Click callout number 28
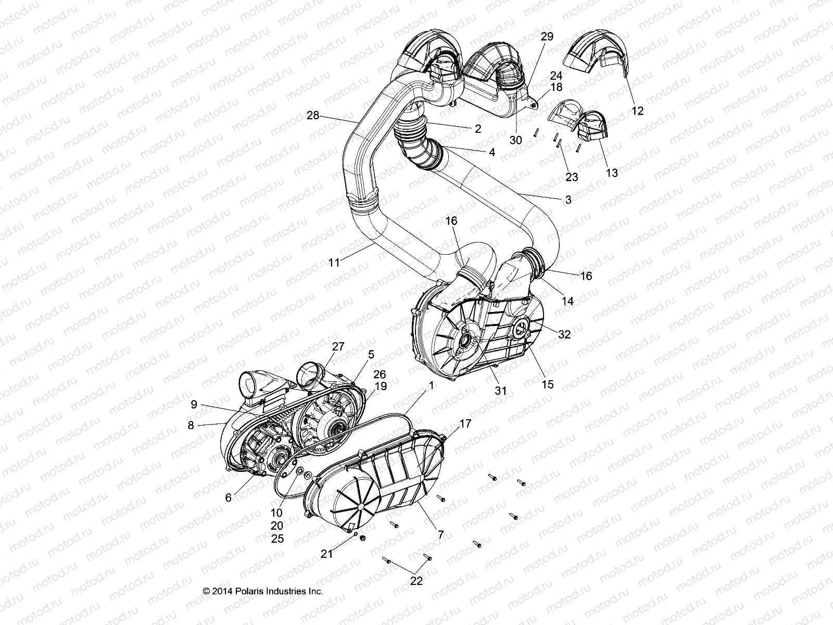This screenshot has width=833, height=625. point(313,116)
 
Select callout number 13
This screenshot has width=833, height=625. point(612,172)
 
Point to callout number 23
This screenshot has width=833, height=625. point(572,177)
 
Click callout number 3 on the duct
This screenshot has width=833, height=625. point(569,199)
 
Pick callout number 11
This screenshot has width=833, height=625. point(334,262)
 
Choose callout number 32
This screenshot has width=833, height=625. point(564,334)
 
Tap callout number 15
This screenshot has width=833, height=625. point(548,384)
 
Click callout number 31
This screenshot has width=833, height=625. point(500,391)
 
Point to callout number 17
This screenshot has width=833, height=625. point(465,424)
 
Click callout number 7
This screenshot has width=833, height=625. point(440,534)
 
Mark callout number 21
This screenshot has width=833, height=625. point(326,554)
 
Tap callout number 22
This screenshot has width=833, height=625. point(416,581)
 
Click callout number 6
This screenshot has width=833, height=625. point(228,497)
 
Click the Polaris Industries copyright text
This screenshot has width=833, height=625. point(263,591)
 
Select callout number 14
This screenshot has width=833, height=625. point(567,301)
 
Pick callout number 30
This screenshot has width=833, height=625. point(515,140)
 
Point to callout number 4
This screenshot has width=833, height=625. point(491,153)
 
